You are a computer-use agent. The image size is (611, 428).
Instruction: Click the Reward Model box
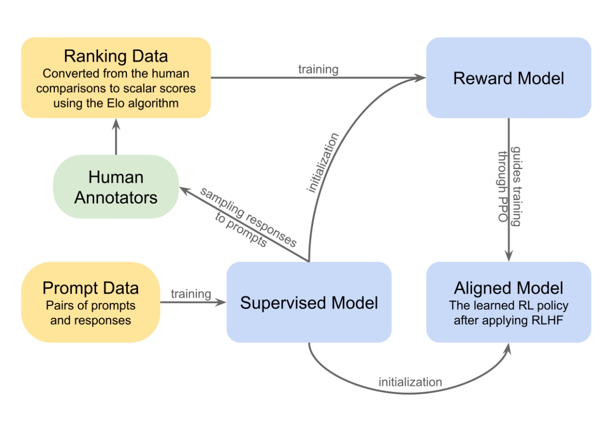tap(508, 78)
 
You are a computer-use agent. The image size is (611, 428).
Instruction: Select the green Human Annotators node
tap(116, 187)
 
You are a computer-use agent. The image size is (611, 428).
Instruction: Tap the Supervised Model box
tap(309, 302)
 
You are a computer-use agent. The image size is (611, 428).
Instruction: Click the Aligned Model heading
tap(508, 288)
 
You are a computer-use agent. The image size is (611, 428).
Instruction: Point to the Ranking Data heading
tap(116, 55)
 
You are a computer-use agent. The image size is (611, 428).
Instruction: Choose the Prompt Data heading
tap(91, 288)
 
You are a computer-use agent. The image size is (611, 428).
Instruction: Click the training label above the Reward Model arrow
tap(318, 70)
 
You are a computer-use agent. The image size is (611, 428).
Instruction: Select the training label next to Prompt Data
tap(191, 293)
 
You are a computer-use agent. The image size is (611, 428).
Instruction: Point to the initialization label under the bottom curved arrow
tap(410, 382)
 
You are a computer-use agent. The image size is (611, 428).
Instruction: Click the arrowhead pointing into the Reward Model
tap(421, 78)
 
